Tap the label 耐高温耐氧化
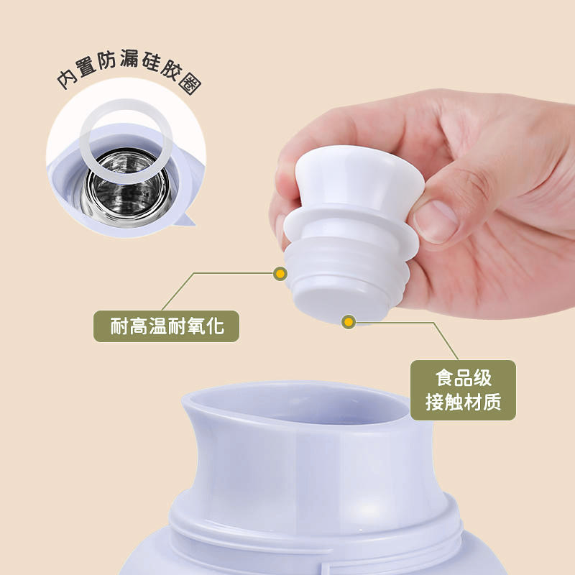coord(166,326)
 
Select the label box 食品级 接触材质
coord(463,390)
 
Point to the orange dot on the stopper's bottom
coord(349,321)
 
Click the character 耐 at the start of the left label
coord(119,326)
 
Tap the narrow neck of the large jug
coord(316,467)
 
